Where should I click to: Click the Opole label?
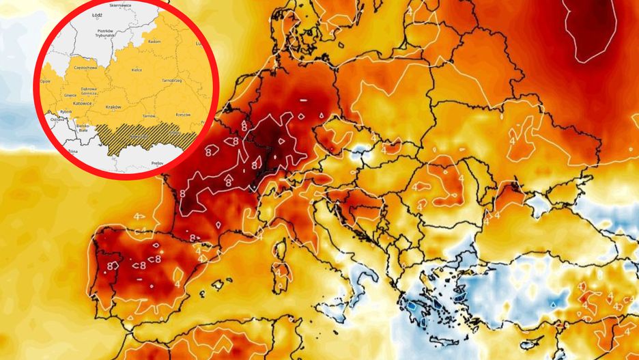pos(46,81)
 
